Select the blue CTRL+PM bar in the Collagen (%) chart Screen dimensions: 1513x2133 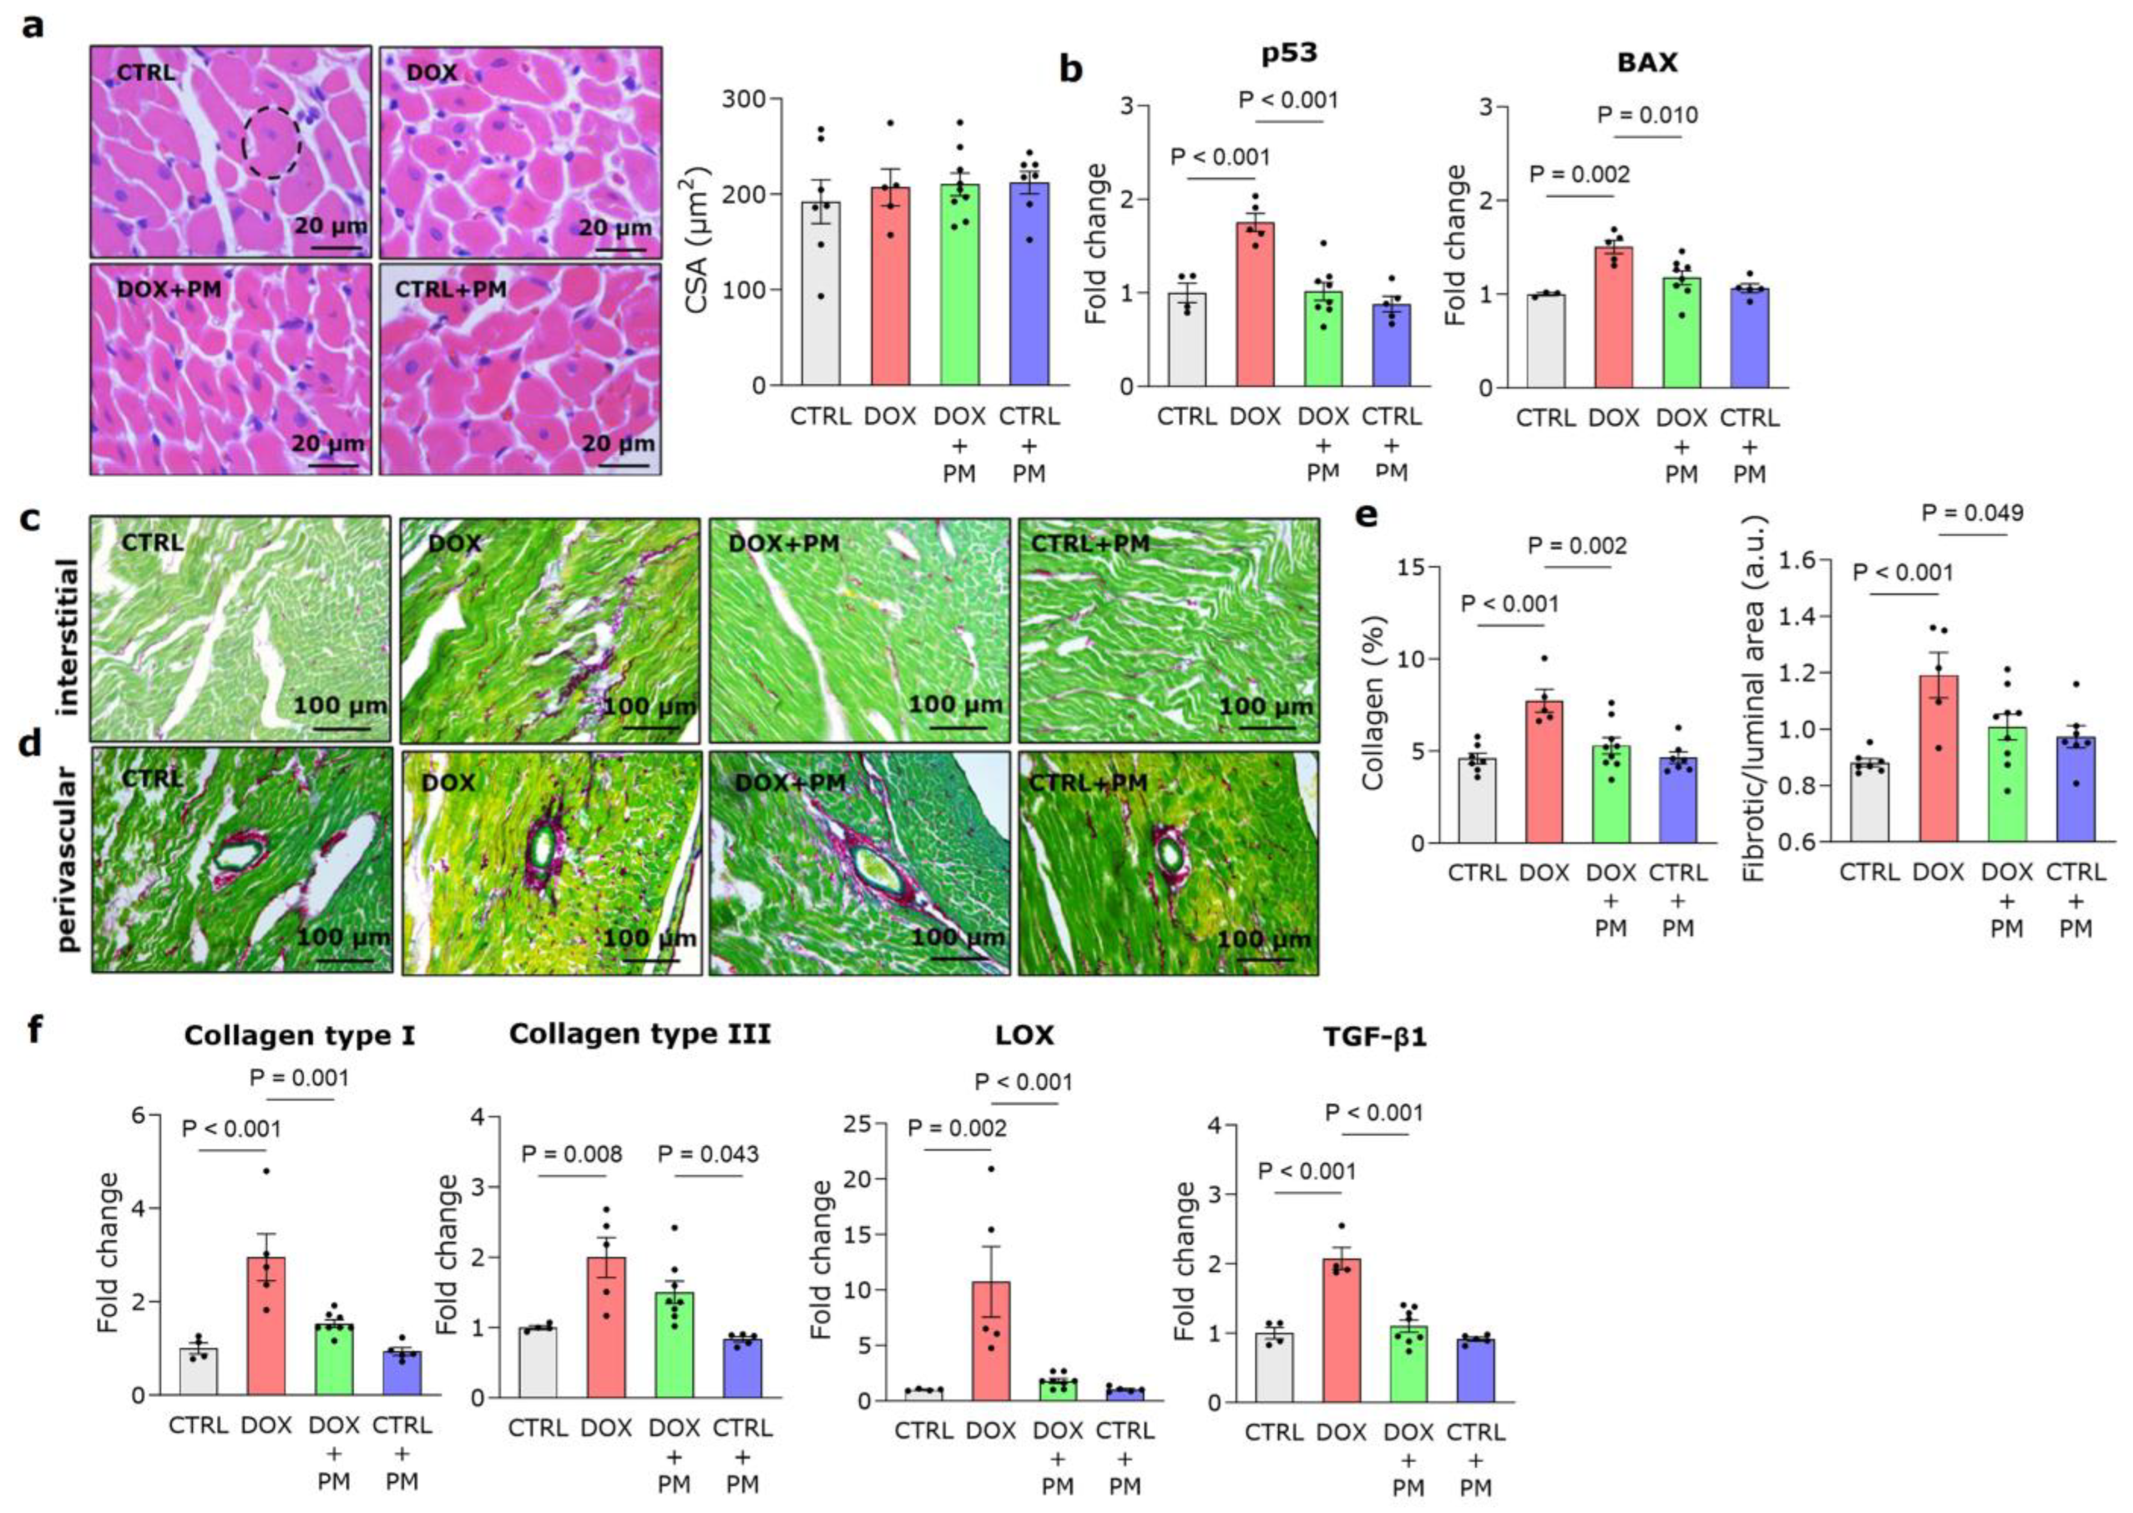point(1678,799)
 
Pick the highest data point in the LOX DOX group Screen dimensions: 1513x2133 point(991,1168)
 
